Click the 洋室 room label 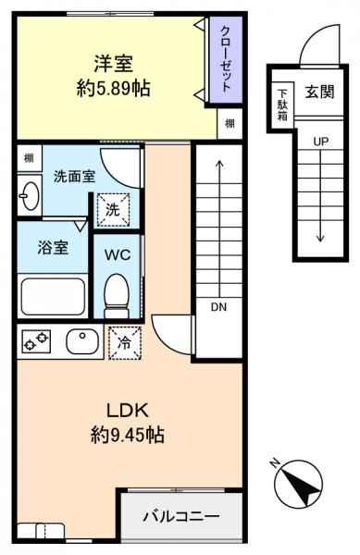pos(113,64)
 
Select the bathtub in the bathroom pos(52,296)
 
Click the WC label pos(118,253)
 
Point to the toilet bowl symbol pos(117,294)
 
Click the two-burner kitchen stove pos(37,343)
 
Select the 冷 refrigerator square pos(125,342)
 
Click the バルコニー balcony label pos(180,514)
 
